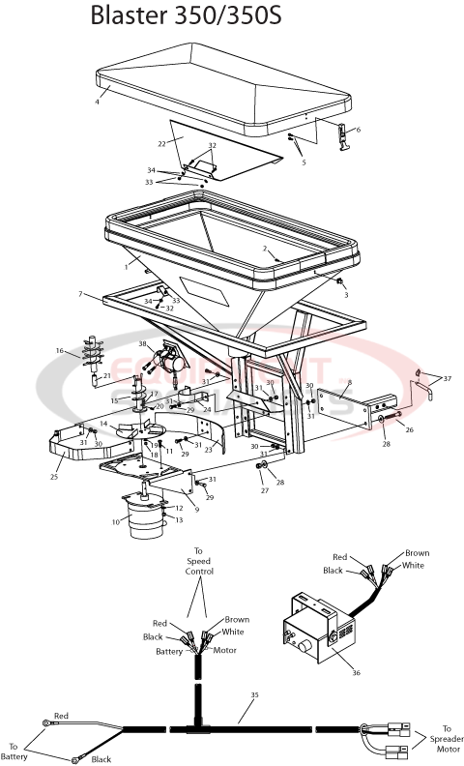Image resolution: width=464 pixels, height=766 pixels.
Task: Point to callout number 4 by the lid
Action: click(98, 100)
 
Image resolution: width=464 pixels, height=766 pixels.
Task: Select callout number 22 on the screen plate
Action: click(162, 143)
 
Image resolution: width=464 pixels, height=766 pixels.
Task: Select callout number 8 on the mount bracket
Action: click(350, 383)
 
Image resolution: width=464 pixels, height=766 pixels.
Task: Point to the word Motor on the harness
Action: click(225, 650)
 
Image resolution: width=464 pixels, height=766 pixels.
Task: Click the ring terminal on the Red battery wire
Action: click(45, 721)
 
